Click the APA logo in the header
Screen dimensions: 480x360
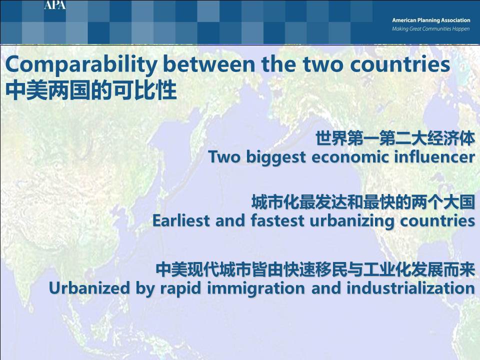(x=55, y=4)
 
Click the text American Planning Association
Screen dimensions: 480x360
(x=431, y=20)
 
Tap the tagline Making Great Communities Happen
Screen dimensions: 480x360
(x=430, y=29)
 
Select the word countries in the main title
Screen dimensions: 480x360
(x=400, y=64)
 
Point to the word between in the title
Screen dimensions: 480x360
(x=209, y=64)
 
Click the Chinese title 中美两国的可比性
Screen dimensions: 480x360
(x=91, y=90)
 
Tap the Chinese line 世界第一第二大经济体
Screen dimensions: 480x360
(x=395, y=138)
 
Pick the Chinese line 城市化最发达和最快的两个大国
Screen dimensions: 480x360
(x=363, y=202)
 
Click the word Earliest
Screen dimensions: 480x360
(x=181, y=220)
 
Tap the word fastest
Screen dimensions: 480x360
(x=277, y=220)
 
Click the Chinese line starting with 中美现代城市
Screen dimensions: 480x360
(x=315, y=269)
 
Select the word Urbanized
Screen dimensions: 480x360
(x=89, y=288)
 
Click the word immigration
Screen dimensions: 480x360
(x=256, y=288)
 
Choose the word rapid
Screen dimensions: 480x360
(x=181, y=288)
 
